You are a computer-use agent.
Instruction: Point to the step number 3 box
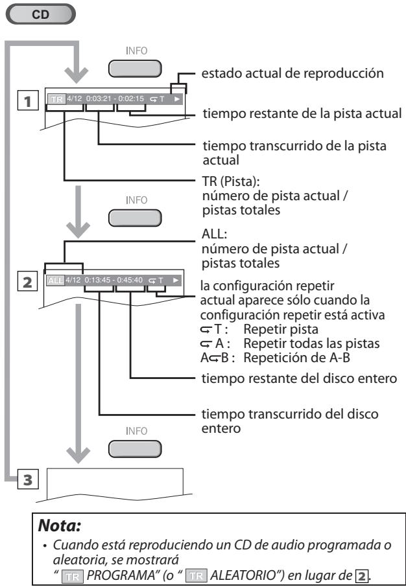pos(27,481)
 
